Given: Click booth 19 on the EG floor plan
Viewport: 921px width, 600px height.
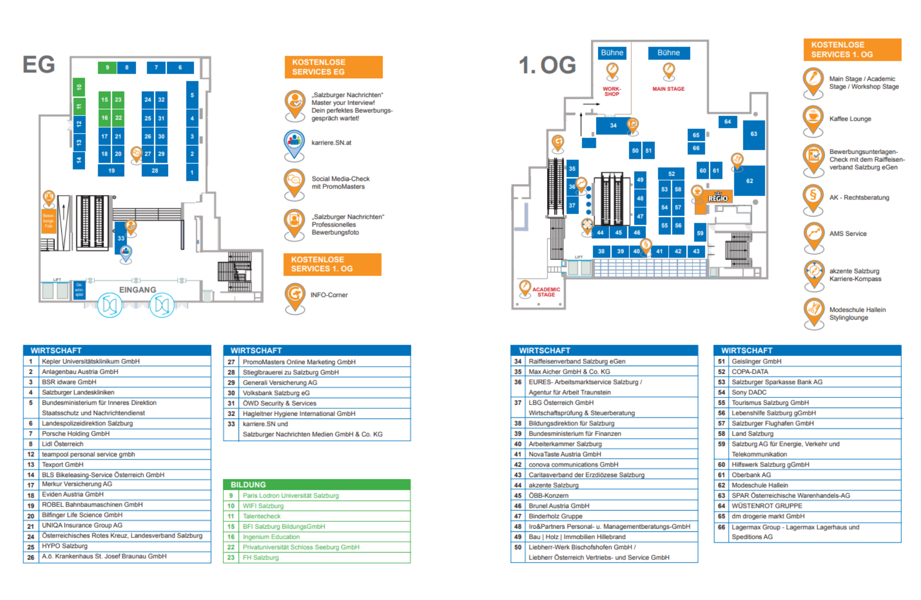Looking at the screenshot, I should (111, 171).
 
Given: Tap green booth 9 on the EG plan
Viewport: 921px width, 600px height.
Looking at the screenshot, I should (107, 68).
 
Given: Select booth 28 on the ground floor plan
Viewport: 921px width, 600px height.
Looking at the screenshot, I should (155, 171).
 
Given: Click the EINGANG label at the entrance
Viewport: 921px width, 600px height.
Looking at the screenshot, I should (138, 290).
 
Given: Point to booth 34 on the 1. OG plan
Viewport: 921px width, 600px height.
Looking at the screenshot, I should (613, 125).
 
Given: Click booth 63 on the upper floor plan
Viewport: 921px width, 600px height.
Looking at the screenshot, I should (753, 134).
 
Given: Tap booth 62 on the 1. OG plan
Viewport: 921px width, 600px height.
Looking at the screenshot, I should (750, 181).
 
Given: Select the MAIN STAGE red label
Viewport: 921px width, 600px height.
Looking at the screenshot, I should (668, 89).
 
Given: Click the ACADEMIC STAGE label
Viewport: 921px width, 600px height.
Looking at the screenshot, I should (546, 292).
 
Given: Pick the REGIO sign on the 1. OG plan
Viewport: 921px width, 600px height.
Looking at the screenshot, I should (718, 198).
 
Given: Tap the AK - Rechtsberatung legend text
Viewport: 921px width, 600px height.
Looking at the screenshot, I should (859, 198).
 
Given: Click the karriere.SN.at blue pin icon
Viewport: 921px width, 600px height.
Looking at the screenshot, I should (294, 142).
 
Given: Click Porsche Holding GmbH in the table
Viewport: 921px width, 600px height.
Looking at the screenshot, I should (76, 434).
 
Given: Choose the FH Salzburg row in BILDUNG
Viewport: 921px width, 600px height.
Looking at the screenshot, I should (261, 558).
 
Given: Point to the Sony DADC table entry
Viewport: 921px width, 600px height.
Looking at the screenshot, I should (749, 392).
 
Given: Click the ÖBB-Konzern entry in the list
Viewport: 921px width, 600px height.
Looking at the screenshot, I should (548, 495).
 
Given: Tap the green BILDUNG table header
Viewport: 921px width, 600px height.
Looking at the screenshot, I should (316, 484).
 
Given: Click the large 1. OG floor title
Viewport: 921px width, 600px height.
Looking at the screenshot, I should (547, 65).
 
